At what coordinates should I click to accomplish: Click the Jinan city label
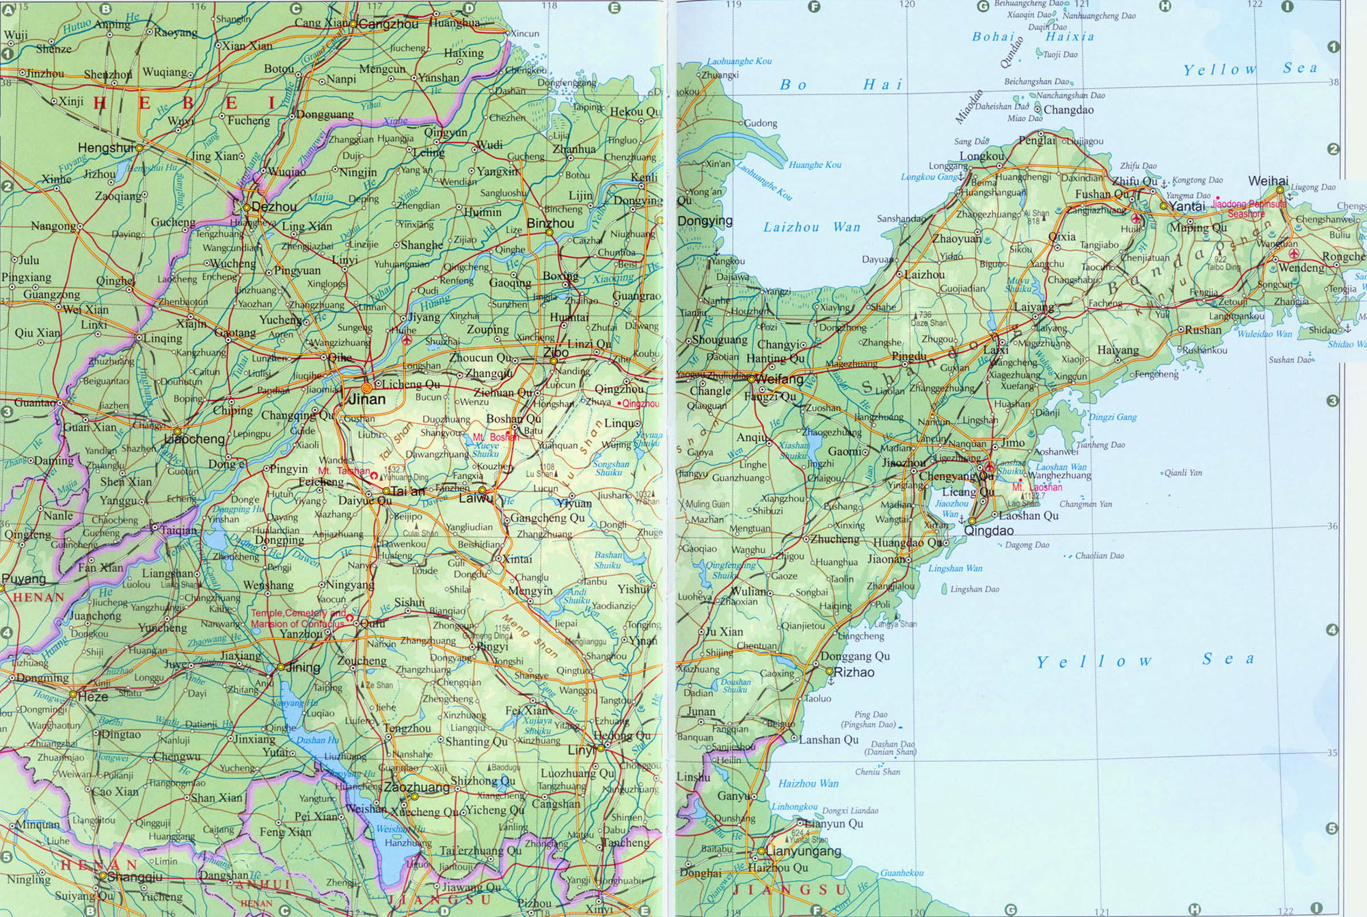click(x=367, y=399)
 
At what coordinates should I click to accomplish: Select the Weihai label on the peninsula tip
click(x=1268, y=181)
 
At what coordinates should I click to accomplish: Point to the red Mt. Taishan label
click(x=343, y=471)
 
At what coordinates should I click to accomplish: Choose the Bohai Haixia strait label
click(x=1033, y=37)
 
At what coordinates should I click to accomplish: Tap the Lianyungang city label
click(x=803, y=851)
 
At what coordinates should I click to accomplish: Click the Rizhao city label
click(x=854, y=672)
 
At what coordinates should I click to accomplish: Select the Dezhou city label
click(x=274, y=207)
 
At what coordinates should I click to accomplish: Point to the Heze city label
click(x=93, y=697)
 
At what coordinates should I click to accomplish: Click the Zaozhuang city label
click(x=416, y=787)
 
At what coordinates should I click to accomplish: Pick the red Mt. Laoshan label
click(x=1037, y=488)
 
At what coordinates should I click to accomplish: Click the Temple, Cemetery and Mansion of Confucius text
click(x=297, y=619)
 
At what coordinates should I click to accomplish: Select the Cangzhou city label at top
click(x=388, y=25)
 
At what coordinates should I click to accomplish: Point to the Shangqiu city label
click(x=135, y=877)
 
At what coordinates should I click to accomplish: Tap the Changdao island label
click(x=1068, y=110)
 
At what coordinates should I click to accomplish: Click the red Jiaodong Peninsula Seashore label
click(x=1249, y=209)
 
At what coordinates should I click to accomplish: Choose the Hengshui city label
click(x=105, y=148)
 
